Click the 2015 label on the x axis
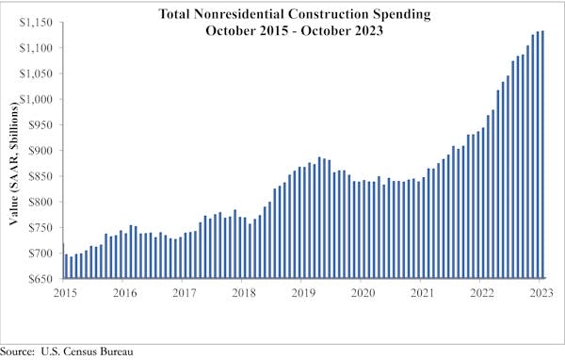(63, 293)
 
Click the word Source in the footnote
(20, 352)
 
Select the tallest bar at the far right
(543, 155)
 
